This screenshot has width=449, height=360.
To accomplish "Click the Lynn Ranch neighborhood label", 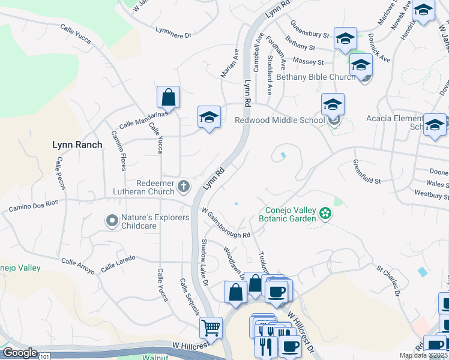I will pos(77,145).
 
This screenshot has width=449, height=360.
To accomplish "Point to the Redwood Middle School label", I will pos(279,120).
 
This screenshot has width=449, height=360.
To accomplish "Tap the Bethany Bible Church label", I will pos(324,77).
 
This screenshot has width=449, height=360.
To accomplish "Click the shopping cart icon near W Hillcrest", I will pos(211,328).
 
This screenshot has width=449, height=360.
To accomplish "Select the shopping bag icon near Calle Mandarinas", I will pos(169,97).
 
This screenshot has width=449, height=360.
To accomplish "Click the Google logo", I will pos(19,353).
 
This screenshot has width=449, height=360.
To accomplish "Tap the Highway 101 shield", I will pos(45,356).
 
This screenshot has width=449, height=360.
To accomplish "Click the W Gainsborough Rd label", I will pos(226,223).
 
